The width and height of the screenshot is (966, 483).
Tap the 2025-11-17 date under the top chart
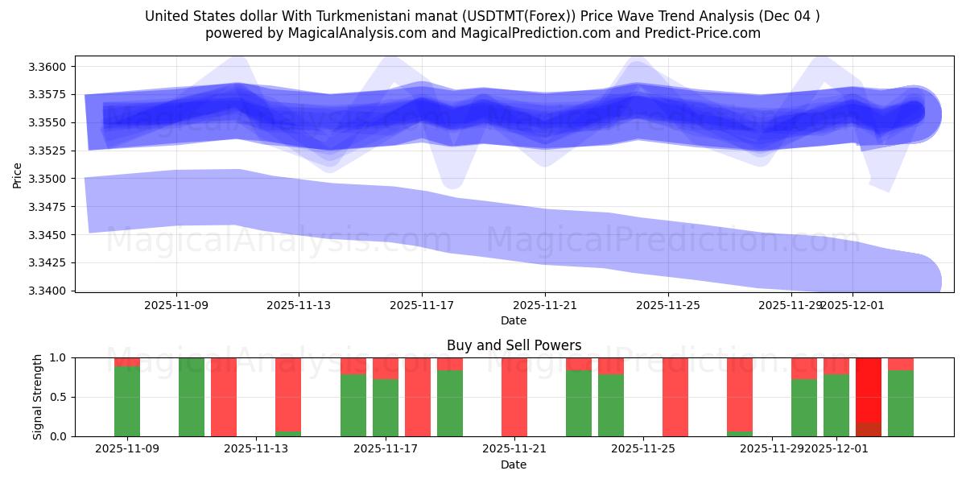(x=421, y=305)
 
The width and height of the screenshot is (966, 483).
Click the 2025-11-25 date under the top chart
(x=668, y=305)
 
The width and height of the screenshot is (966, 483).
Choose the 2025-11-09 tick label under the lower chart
(x=127, y=449)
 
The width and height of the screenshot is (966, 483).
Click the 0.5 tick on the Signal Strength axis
(x=61, y=397)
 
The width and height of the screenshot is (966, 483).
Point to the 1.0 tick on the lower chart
(x=61, y=357)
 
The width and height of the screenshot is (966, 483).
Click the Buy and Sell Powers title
(x=514, y=345)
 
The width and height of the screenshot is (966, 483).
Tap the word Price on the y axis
(x=18, y=174)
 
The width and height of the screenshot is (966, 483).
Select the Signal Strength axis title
(x=37, y=397)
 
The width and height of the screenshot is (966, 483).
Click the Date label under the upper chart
(x=514, y=320)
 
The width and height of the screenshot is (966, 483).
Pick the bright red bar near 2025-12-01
(x=869, y=390)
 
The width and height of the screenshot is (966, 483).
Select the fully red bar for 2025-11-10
(x=224, y=397)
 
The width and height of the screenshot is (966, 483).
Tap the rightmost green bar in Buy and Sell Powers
(x=901, y=402)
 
